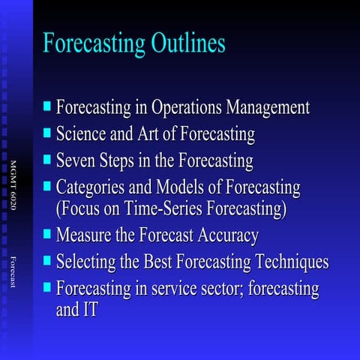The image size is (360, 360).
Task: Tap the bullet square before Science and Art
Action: click(x=48, y=133)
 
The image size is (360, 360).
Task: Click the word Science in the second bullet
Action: click(x=82, y=134)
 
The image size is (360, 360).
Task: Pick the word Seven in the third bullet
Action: click(x=76, y=160)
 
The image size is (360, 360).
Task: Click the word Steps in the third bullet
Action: click(x=119, y=160)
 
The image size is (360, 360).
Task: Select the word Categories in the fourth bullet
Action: click(x=91, y=187)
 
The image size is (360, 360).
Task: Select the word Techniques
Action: click(x=291, y=262)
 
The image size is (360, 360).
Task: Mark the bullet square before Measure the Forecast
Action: click(x=48, y=235)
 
